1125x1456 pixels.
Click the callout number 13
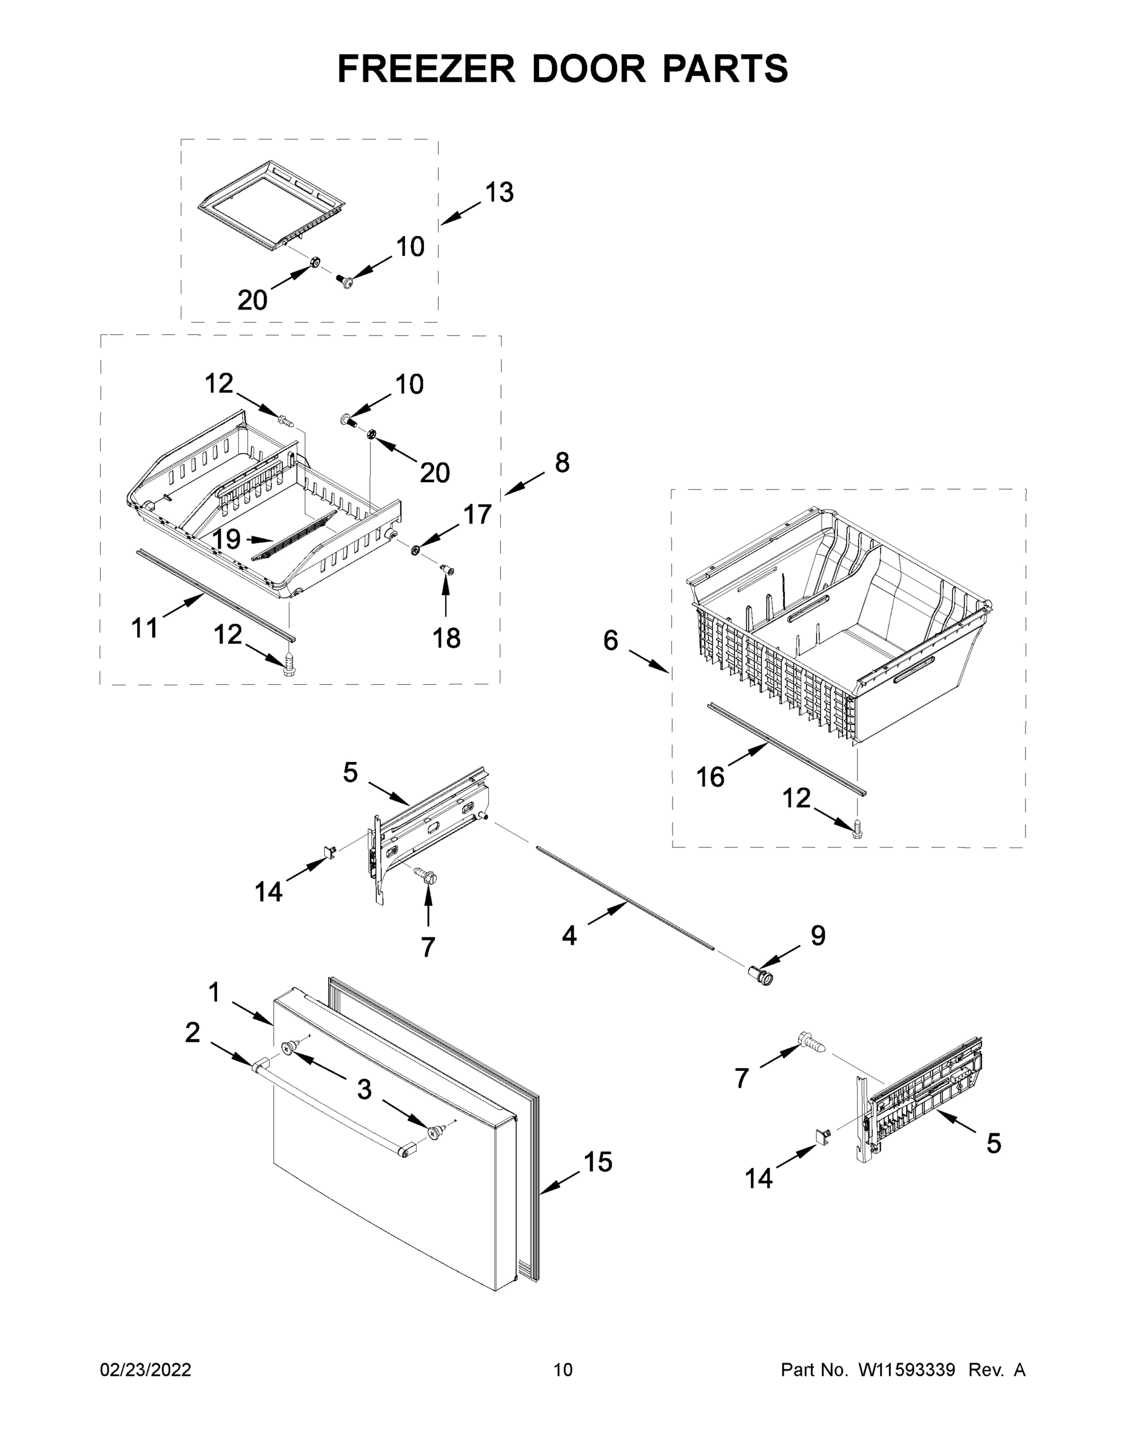click(x=499, y=193)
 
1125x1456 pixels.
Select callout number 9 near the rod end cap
click(x=818, y=935)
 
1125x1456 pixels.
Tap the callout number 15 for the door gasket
click(x=598, y=1161)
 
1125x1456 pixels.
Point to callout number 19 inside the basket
click(x=226, y=539)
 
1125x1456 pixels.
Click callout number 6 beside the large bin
click(x=611, y=641)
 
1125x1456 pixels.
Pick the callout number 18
click(x=446, y=638)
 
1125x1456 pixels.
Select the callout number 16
click(x=710, y=777)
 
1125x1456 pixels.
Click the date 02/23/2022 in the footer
click(x=146, y=1369)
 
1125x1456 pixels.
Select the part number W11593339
click(x=907, y=1369)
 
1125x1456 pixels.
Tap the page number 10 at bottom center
click(x=563, y=1369)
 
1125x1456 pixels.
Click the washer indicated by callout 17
click(x=415, y=549)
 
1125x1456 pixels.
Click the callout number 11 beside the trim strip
click(x=144, y=627)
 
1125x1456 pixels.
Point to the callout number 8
click(x=562, y=462)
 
